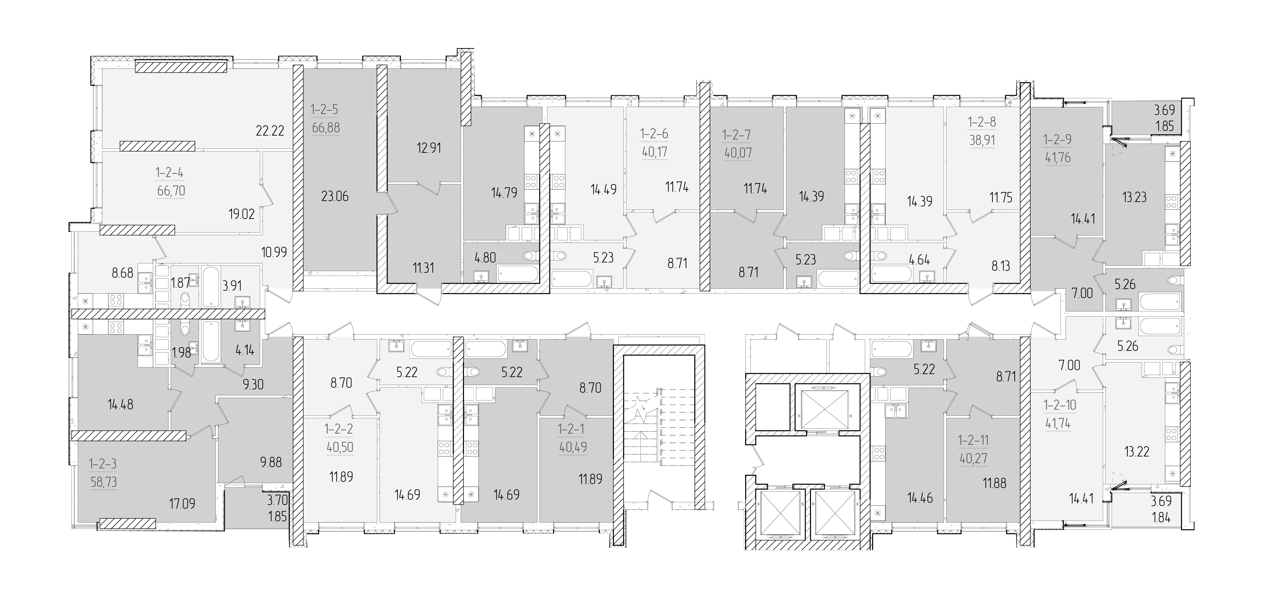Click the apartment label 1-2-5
325,109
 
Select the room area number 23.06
335,197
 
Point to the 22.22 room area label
270,131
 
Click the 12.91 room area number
429,148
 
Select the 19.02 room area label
242,214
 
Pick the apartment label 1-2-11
973,441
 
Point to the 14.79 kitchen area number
504,193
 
